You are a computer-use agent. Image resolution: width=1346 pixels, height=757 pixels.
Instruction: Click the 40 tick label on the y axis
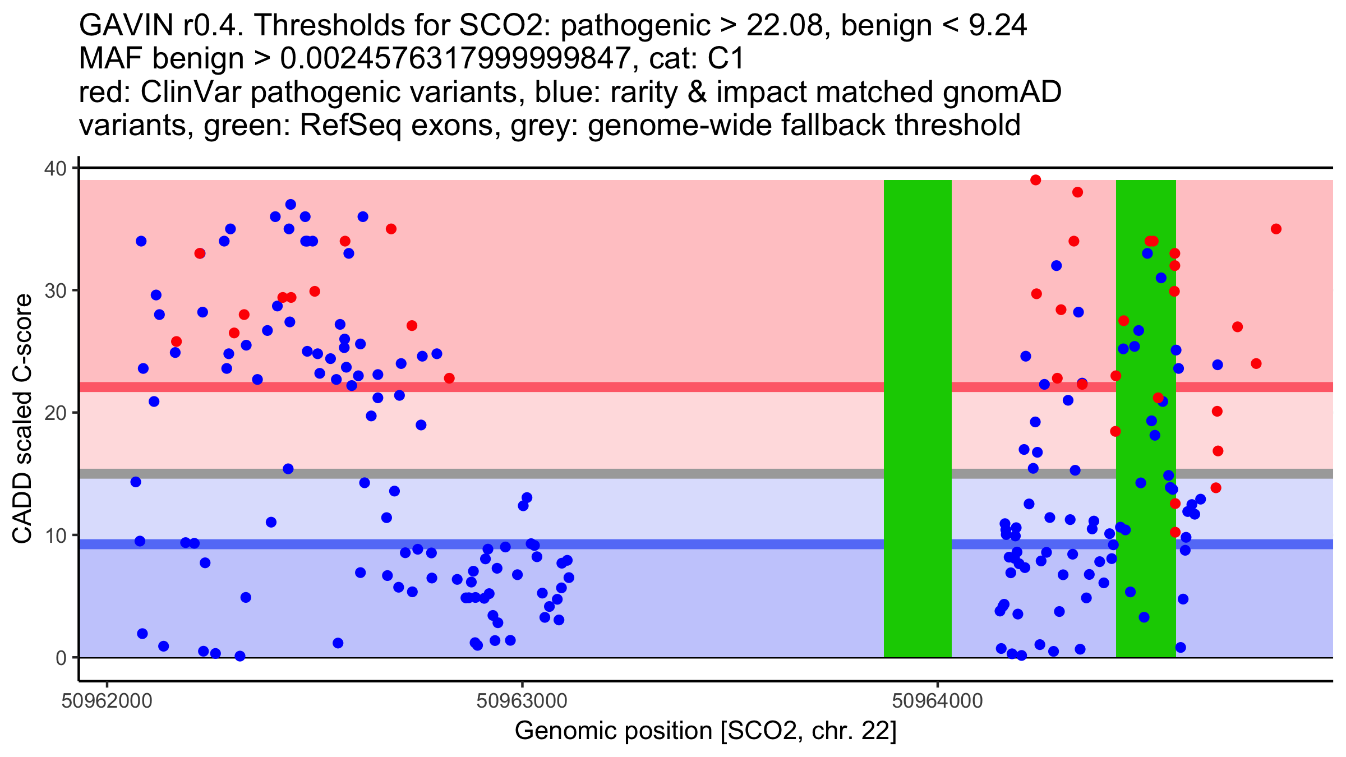click(x=54, y=168)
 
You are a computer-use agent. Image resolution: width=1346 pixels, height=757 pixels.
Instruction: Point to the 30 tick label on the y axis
click(x=54, y=290)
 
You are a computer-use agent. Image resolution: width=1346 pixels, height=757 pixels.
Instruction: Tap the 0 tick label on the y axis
click(x=61, y=658)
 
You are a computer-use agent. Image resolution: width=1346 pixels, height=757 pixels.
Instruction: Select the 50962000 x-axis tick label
click(x=107, y=701)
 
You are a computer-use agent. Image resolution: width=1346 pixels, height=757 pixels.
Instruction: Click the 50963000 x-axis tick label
click(x=522, y=701)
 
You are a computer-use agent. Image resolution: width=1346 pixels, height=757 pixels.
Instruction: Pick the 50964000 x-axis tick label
click(x=937, y=701)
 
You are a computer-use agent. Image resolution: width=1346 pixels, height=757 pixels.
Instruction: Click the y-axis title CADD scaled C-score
click(x=22, y=419)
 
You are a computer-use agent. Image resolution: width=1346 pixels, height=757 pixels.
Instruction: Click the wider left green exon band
click(x=918, y=418)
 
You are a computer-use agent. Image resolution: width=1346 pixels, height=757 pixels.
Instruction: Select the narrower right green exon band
click(x=1146, y=418)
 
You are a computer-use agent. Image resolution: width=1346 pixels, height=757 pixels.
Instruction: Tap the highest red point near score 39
click(x=1036, y=180)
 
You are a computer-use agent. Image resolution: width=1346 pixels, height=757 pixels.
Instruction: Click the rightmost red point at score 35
click(x=1276, y=229)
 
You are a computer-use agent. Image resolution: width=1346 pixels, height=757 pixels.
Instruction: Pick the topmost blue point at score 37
click(x=291, y=205)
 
